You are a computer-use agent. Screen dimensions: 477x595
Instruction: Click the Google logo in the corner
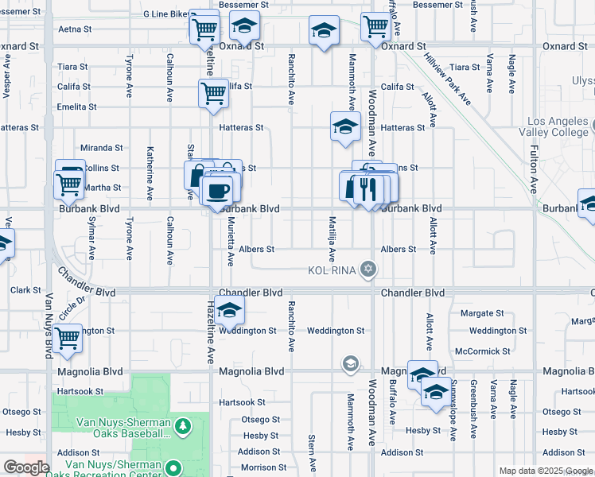click(26, 467)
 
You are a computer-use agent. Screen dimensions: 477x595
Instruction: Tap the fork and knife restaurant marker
click(367, 189)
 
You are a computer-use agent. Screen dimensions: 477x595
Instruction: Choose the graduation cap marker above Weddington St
click(229, 309)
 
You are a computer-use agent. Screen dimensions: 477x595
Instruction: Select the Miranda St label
click(103, 148)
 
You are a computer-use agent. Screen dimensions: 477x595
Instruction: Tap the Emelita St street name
click(76, 107)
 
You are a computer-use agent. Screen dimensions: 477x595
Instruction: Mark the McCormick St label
click(482, 351)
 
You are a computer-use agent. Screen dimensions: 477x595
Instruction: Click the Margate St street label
click(482, 313)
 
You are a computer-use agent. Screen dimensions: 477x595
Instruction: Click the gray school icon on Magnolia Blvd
click(349, 364)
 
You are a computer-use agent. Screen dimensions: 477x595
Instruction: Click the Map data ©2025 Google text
click(546, 470)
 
